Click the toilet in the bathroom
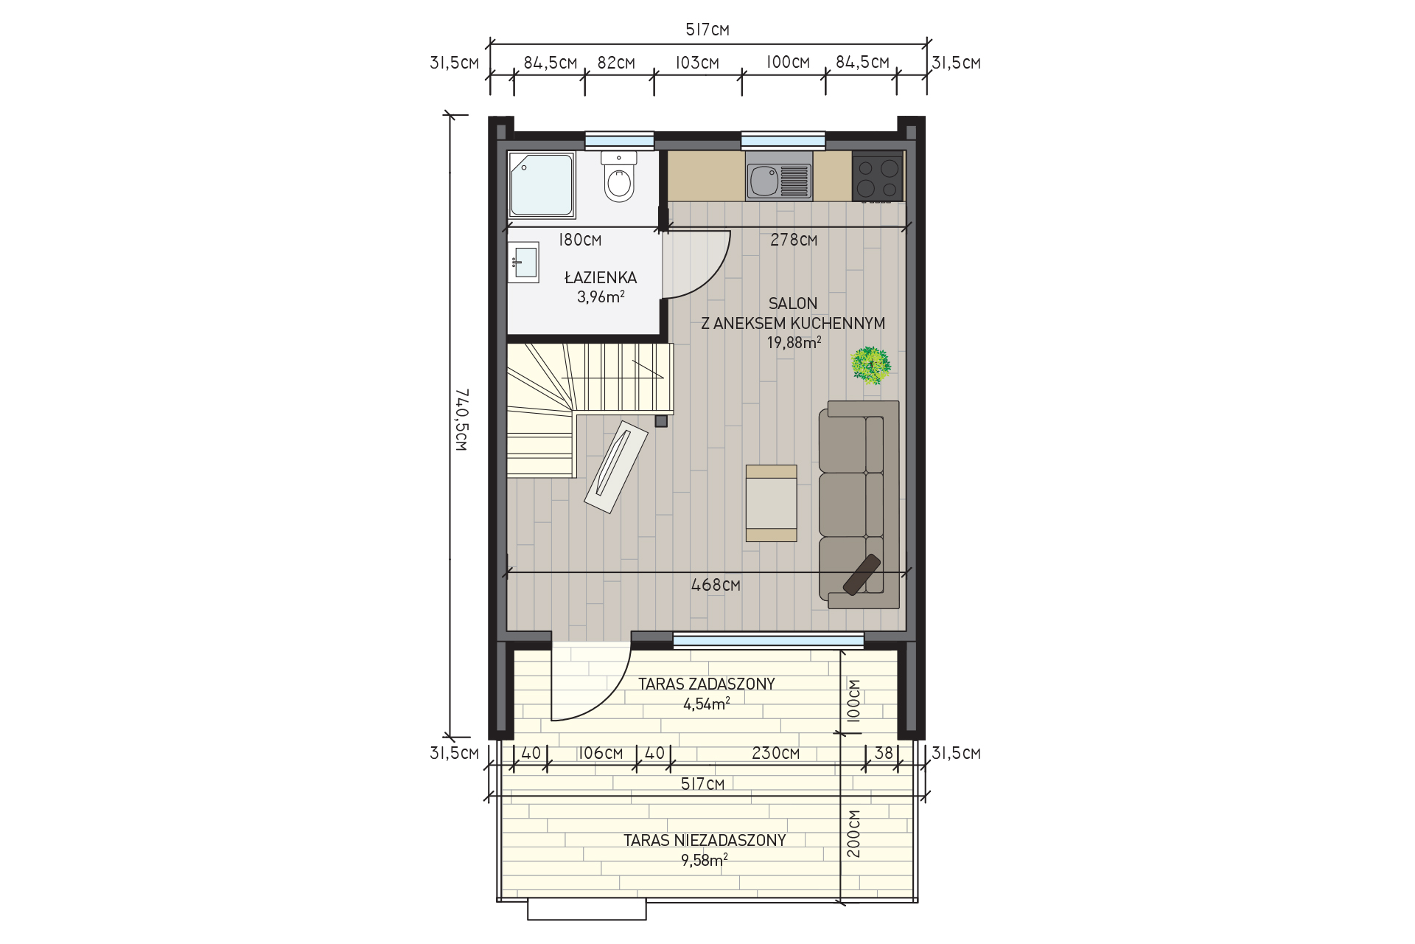click(619, 176)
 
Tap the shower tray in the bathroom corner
click(542, 185)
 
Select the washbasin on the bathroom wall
click(523, 262)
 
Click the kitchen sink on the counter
click(779, 176)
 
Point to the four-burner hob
click(878, 176)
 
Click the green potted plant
click(871, 365)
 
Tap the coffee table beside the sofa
click(772, 503)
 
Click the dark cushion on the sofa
click(862, 575)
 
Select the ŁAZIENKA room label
click(601, 278)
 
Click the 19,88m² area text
click(794, 342)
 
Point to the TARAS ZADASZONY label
click(707, 684)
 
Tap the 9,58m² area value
click(705, 859)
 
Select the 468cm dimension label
click(716, 585)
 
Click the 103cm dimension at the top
click(697, 63)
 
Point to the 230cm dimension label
click(775, 754)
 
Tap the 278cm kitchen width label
click(794, 240)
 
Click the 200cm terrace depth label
click(853, 834)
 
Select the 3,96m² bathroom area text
click(601, 297)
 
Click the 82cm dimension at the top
click(616, 63)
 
